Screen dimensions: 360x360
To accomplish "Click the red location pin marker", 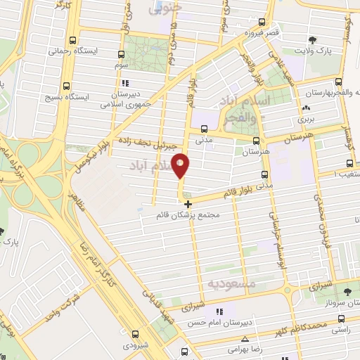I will pos(181,165).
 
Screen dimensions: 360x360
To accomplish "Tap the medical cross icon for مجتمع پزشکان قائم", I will pos(187,204).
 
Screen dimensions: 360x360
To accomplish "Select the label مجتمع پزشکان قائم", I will pos(191,217).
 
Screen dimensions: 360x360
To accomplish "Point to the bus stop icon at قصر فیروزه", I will pos(262,22).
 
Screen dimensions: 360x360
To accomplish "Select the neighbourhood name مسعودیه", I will pos(229,283).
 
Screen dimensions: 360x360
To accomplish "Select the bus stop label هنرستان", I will pos(256,151).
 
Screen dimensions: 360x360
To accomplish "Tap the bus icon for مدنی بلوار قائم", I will pos(264,175).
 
